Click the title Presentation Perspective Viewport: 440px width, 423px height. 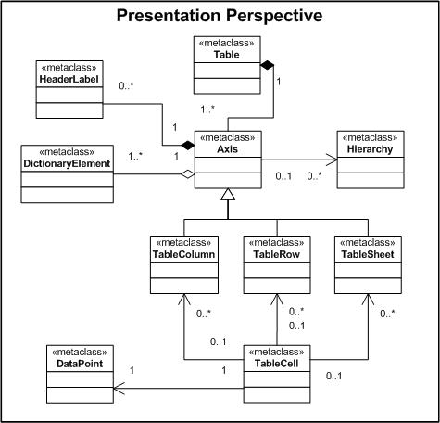(220, 16)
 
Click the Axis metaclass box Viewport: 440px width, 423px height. (228, 159)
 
